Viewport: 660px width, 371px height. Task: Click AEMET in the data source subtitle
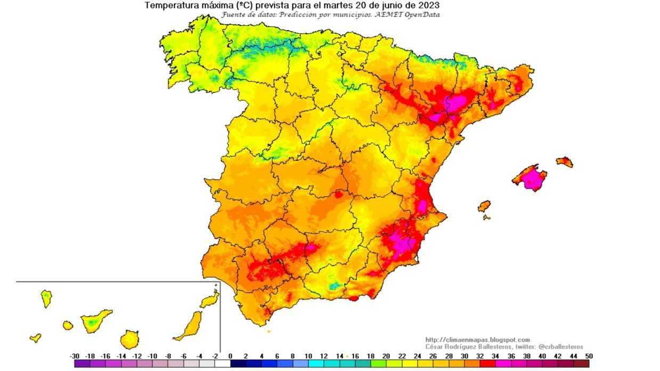pyautogui.click(x=391, y=14)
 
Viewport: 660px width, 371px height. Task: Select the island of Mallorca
pyautogui.click(x=531, y=178)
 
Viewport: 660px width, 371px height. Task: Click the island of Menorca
pyautogui.click(x=565, y=162)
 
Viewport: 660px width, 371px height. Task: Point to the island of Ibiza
pyautogui.click(x=484, y=206)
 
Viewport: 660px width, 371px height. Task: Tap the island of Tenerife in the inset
pyautogui.click(x=96, y=320)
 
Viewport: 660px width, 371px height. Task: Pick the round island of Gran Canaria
pyautogui.click(x=129, y=339)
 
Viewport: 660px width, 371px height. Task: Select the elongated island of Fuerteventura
pyautogui.click(x=190, y=326)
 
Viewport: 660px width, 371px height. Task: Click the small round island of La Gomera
pyautogui.click(x=68, y=325)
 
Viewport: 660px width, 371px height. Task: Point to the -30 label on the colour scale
pyautogui.click(x=75, y=356)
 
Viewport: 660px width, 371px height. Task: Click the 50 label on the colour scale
pyautogui.click(x=588, y=356)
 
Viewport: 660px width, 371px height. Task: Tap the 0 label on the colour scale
pyautogui.click(x=230, y=356)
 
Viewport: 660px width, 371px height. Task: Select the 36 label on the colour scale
pyautogui.click(x=510, y=356)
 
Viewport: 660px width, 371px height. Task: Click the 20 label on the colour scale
pyautogui.click(x=386, y=356)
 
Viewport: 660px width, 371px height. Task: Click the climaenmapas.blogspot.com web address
pyautogui.click(x=477, y=340)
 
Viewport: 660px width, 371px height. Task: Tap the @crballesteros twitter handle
pyautogui.click(x=561, y=346)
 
